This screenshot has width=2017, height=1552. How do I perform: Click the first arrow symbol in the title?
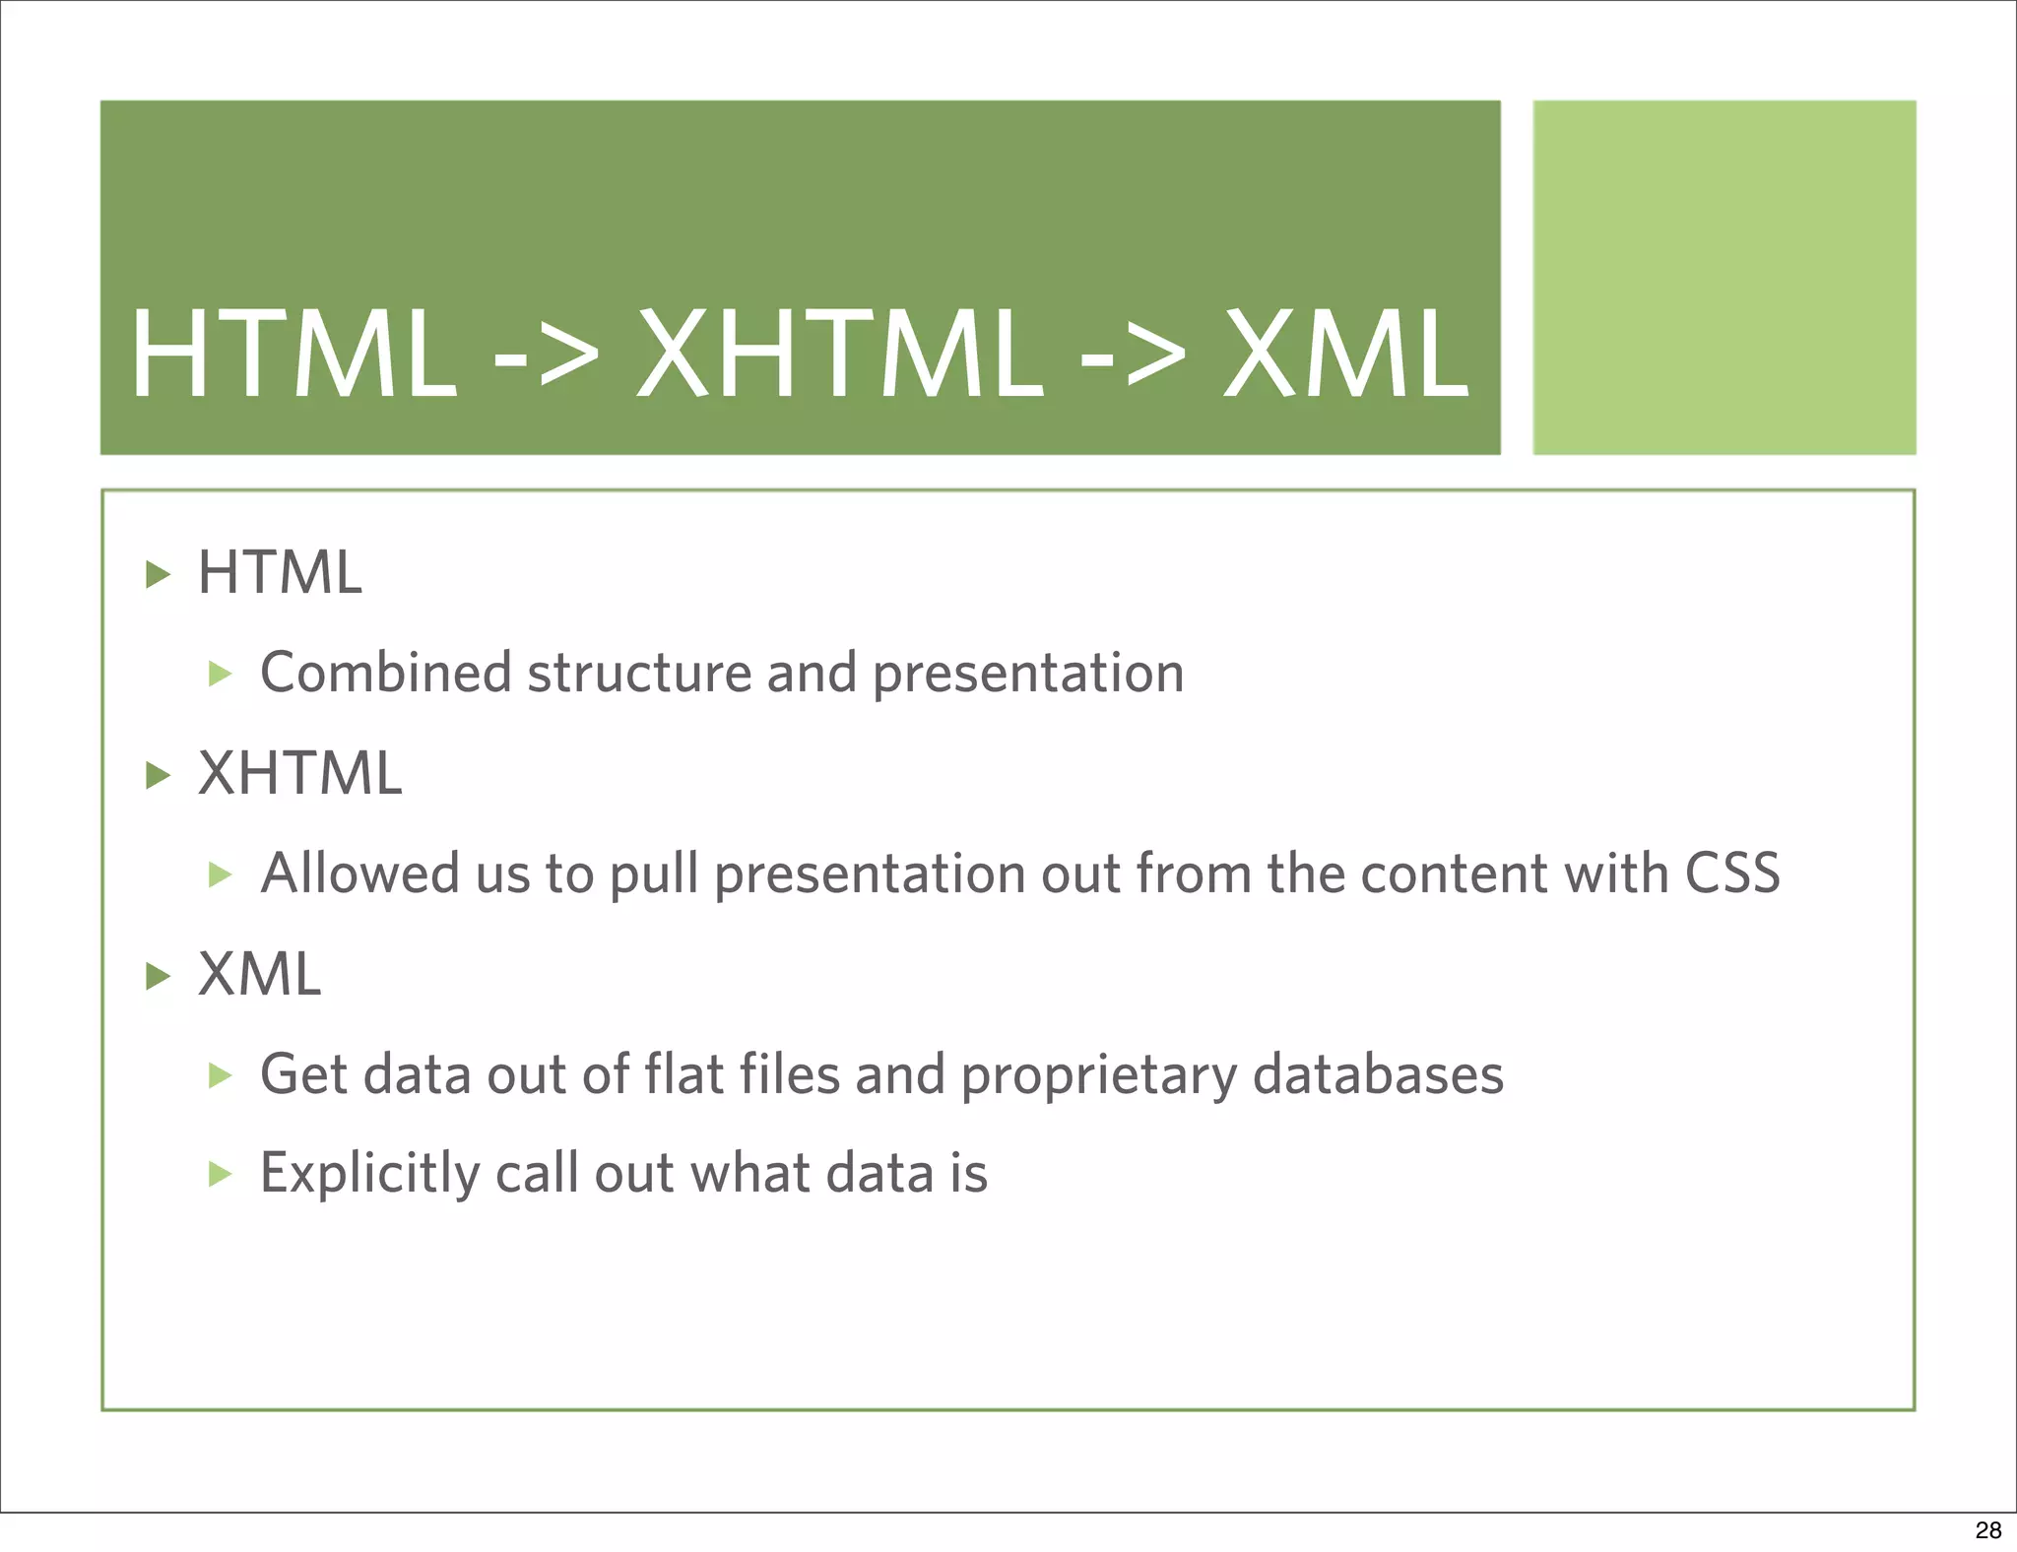click(546, 355)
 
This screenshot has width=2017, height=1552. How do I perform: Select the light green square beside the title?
click(1724, 277)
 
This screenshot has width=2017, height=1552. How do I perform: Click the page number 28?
click(1987, 1529)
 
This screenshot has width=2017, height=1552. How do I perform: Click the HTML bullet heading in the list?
click(280, 572)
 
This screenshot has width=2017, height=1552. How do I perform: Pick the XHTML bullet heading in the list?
click(300, 773)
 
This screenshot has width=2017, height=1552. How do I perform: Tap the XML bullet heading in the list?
click(260, 974)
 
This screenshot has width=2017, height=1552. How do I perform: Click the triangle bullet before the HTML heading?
click(158, 574)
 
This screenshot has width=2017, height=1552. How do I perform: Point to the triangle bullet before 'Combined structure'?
click(220, 675)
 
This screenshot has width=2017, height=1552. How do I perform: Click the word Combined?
click(385, 673)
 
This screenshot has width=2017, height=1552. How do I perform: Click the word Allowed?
click(359, 873)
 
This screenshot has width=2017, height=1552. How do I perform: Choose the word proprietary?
click(1098, 1075)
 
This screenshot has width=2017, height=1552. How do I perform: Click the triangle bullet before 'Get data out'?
click(220, 1075)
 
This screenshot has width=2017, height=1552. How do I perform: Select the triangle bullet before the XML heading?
click(158, 976)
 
